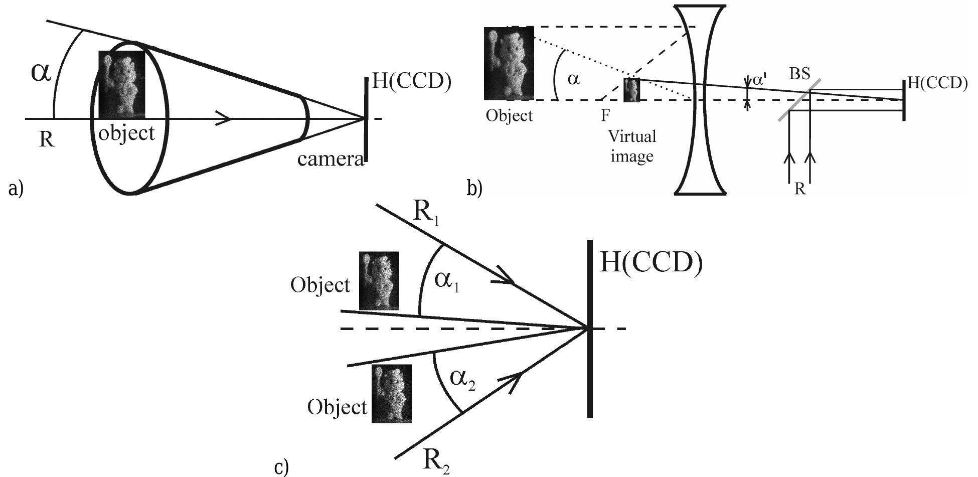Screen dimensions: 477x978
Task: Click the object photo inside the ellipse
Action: click(122, 84)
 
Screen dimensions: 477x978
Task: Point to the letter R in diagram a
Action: click(46, 139)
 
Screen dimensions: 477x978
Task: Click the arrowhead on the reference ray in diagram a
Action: click(224, 119)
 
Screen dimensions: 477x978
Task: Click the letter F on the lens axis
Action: click(606, 116)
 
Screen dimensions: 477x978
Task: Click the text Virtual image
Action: click(632, 146)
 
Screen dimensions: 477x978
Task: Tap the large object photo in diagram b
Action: click(509, 63)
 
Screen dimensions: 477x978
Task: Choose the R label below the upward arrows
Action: click(800, 190)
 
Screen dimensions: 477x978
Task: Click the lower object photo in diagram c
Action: click(391, 393)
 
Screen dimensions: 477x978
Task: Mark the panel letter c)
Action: click(282, 467)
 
